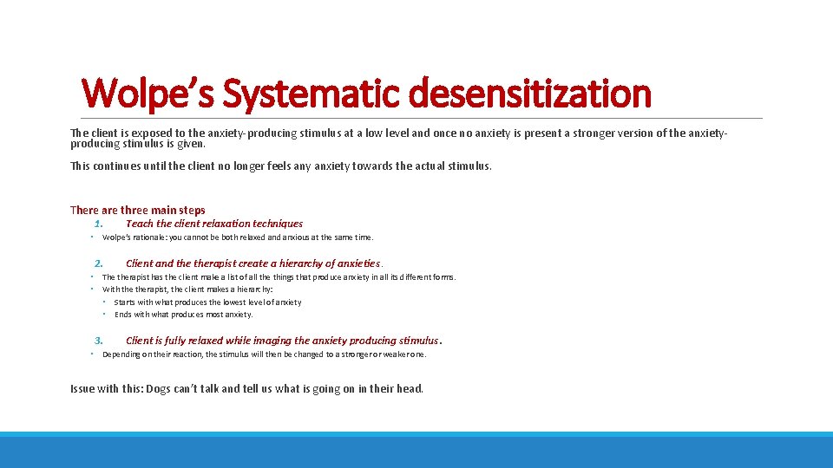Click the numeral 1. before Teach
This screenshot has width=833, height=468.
point(100,224)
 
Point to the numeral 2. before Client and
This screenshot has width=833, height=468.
point(100,263)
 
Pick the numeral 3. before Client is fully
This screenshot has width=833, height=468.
point(100,341)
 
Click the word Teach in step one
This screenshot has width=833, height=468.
point(140,224)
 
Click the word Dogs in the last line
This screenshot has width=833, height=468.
point(158,389)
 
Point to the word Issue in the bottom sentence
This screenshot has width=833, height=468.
point(83,389)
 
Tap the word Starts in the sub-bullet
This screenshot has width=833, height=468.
point(126,302)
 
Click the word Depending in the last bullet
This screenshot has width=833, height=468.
point(121,354)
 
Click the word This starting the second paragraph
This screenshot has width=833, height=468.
point(81,166)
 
